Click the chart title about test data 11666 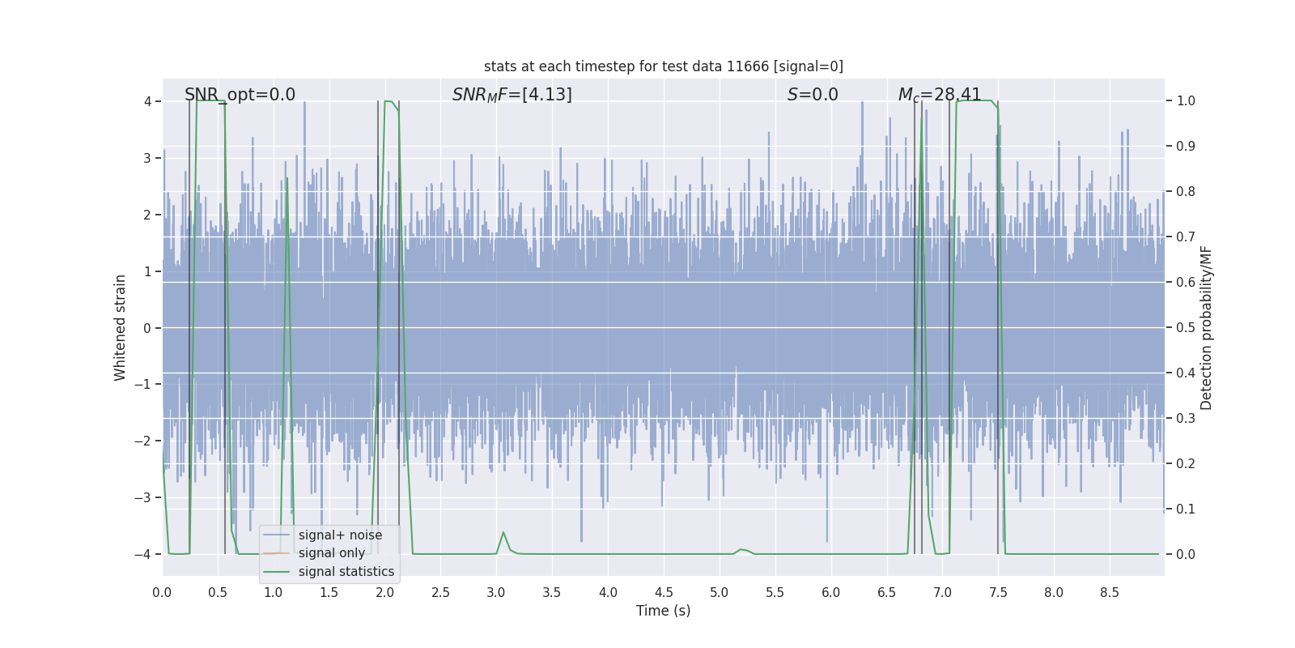point(663,66)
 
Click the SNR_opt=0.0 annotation point(240,95)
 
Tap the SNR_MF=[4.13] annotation point(512,95)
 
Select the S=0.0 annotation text point(813,95)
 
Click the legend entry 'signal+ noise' point(340,535)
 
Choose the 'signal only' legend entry point(332,553)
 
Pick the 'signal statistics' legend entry point(346,572)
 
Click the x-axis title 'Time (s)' point(663,611)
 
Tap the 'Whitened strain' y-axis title point(121,327)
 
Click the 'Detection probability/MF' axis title point(1206,327)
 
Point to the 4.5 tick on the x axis point(664,593)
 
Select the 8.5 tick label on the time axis point(1109,593)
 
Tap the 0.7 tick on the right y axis point(1186,237)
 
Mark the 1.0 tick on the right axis point(1186,101)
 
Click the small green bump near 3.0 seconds point(503,533)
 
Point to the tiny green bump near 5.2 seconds point(741,550)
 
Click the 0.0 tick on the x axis point(162,593)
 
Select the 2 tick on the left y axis point(147,215)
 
